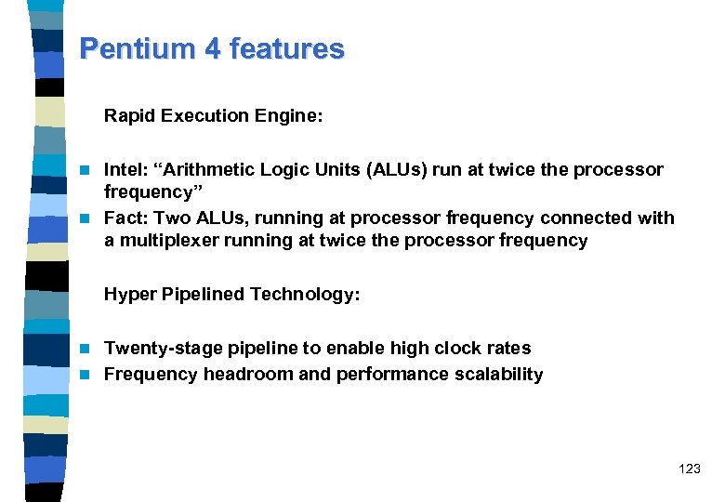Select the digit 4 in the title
(x=214, y=49)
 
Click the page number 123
(x=690, y=469)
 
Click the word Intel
(x=123, y=170)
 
